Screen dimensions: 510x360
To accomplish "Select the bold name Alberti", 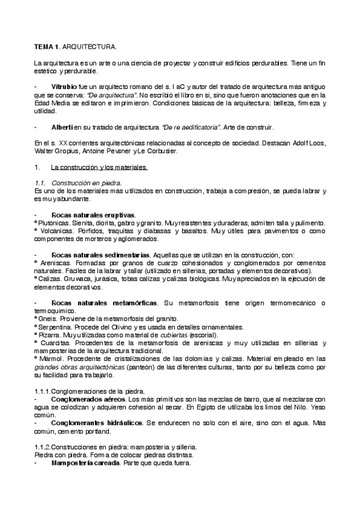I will (62, 127).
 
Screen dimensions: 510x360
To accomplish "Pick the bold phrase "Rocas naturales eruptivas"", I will (93, 215).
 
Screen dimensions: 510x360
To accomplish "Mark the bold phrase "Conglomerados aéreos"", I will (88, 399).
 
